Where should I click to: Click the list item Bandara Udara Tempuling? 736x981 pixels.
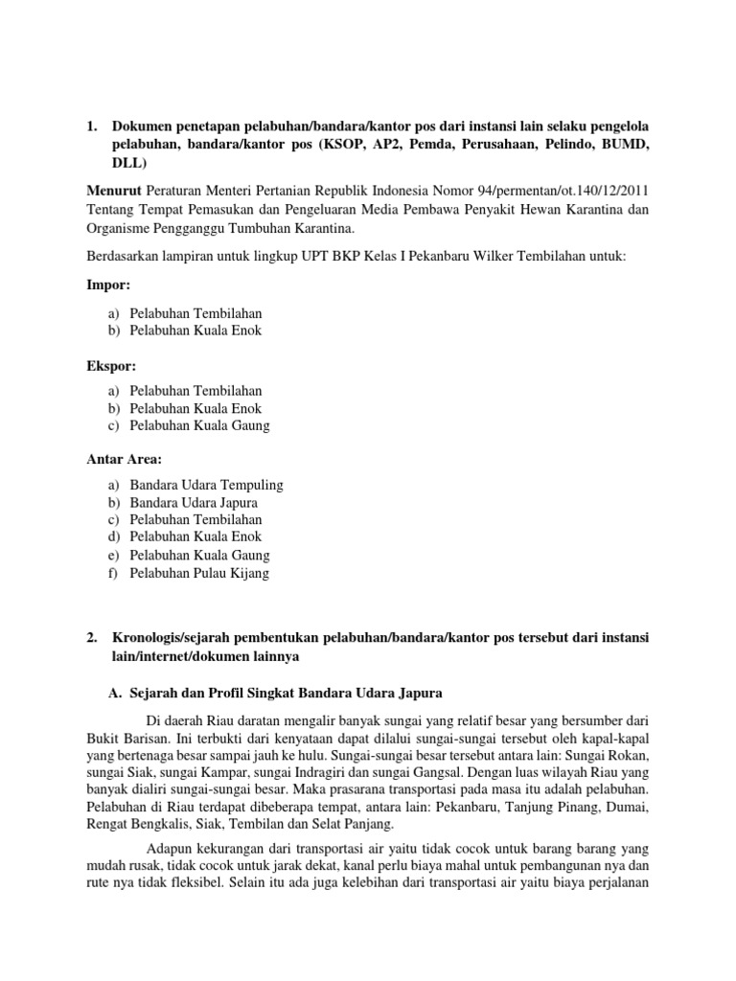206,485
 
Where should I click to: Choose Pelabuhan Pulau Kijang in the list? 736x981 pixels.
199,573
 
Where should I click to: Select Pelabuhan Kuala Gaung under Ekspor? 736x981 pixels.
199,425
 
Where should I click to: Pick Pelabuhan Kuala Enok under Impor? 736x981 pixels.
195,331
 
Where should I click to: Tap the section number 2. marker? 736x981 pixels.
92,636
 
